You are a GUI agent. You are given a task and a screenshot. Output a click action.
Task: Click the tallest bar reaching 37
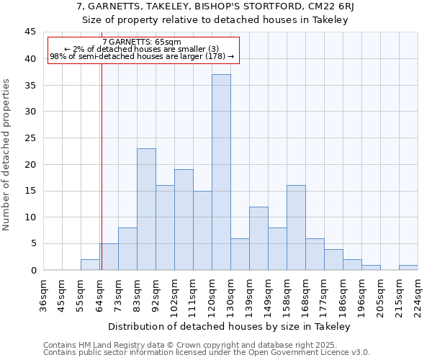tap(221, 173)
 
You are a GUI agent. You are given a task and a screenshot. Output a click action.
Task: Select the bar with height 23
tap(146, 210)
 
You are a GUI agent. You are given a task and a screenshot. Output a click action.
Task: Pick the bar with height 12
tap(258, 238)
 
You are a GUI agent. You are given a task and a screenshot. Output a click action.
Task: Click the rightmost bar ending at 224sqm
tap(408, 268)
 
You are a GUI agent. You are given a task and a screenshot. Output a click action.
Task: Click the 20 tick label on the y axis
tap(30, 164)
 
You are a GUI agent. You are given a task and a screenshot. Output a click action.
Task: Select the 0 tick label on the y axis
tap(33, 270)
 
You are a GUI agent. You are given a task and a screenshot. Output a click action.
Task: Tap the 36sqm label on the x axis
tap(43, 294)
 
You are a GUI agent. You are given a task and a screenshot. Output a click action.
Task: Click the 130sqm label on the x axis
tap(230, 294)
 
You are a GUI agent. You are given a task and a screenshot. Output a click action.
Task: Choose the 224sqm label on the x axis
tap(418, 294)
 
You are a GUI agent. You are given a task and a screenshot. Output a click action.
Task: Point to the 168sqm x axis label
tap(305, 294)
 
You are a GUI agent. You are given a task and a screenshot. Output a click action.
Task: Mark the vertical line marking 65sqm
tap(102, 180)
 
